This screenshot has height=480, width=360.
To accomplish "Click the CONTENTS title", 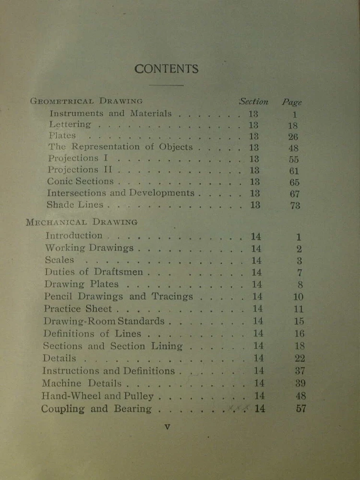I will click(x=166, y=69).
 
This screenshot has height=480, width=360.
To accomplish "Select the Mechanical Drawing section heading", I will click(x=82, y=222).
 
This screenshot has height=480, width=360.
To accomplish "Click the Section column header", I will click(x=253, y=102).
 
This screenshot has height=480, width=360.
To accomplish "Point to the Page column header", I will click(x=292, y=102).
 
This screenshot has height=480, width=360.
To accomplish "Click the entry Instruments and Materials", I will click(x=110, y=114).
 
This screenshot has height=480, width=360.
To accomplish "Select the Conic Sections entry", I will click(x=80, y=181).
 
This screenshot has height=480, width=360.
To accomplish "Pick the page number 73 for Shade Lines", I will click(x=295, y=205).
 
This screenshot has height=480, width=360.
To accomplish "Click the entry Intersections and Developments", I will click(x=120, y=193).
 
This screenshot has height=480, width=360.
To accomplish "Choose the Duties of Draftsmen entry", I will click(x=94, y=272).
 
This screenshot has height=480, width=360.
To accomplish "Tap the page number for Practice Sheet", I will click(x=298, y=309).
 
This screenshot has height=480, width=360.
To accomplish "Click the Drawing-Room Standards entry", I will click(x=104, y=321).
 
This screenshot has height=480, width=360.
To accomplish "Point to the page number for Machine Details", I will click(x=300, y=384).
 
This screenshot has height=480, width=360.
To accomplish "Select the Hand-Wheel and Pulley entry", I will click(x=97, y=396).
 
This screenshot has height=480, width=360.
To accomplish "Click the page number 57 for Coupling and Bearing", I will click(x=300, y=409).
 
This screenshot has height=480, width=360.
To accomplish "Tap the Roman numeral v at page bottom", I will click(x=167, y=426).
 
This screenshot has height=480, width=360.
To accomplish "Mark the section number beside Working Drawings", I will click(x=256, y=249).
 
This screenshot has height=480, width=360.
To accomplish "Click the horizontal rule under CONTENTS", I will click(x=166, y=85).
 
